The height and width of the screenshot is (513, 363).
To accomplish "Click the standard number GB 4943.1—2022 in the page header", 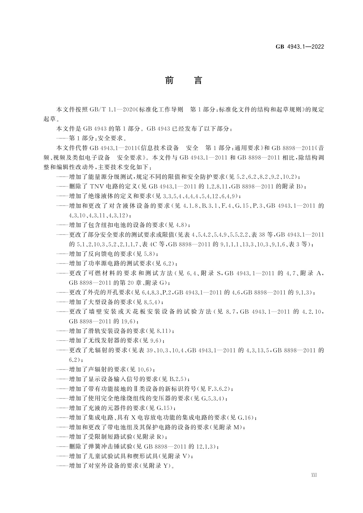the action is pos(300,47).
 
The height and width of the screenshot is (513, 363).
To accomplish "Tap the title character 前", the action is pos(169,80).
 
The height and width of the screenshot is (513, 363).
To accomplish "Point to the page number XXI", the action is pos(314,483).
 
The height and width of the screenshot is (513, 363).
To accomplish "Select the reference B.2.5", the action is pos(178,379).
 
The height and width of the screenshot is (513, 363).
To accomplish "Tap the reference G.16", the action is pos(245,417).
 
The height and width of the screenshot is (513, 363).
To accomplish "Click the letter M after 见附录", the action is pos(237,427).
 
